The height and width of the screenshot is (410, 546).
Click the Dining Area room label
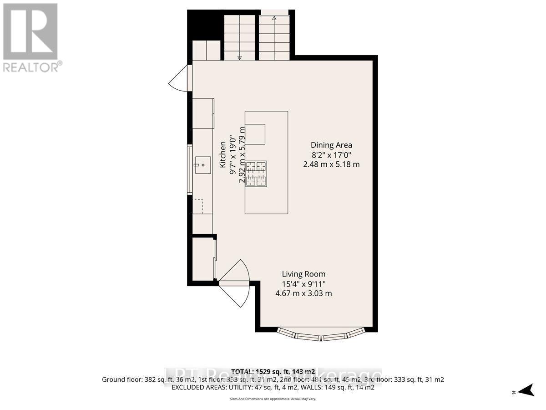331,145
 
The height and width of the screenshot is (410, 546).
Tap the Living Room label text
303,274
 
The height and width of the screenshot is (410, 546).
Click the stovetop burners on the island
256,174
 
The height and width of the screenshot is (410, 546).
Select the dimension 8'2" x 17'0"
331,155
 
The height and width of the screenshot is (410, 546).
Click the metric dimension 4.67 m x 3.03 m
303,293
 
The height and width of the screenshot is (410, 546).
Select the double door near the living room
234,282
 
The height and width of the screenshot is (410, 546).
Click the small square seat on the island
255,134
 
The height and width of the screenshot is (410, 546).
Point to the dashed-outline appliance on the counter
198,206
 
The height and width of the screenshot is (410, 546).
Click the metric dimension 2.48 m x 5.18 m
331,164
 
